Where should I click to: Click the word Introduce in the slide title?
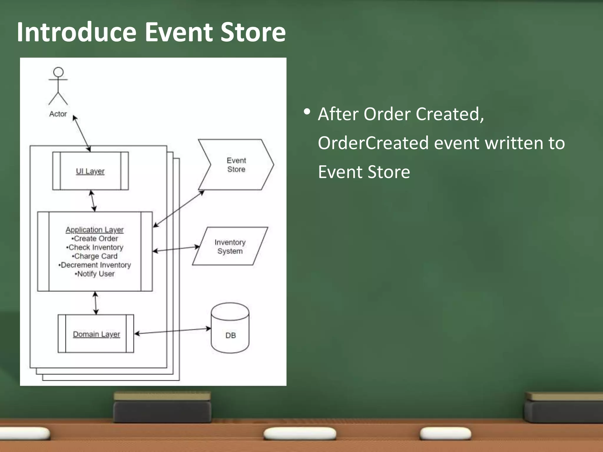pyautogui.click(x=77, y=32)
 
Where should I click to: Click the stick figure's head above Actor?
pyautogui.click(x=58, y=72)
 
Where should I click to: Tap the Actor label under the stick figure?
pyautogui.click(x=58, y=114)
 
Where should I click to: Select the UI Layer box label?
pyautogui.click(x=90, y=171)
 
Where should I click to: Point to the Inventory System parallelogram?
pyautogui.click(x=230, y=247)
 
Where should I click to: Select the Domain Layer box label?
pyautogui.click(x=96, y=334)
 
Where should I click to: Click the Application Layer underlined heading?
pyautogui.click(x=95, y=230)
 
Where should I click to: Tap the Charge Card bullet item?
pyautogui.click(x=95, y=256)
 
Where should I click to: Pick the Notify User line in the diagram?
pyautogui.click(x=95, y=274)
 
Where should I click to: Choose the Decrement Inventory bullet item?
pyautogui.click(x=95, y=265)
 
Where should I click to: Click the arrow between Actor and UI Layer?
pyautogui.click(x=82, y=133)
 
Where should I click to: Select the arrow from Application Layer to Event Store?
pyautogui.click(x=178, y=209)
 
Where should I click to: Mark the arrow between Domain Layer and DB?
pyautogui.click(x=173, y=331)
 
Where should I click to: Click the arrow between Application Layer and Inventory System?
pyautogui.click(x=176, y=249)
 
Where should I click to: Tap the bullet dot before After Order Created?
pyautogui.click(x=307, y=112)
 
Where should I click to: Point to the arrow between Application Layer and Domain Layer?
pyautogui.click(x=96, y=303)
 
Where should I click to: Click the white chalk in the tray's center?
pyautogui.click(x=300, y=433)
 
